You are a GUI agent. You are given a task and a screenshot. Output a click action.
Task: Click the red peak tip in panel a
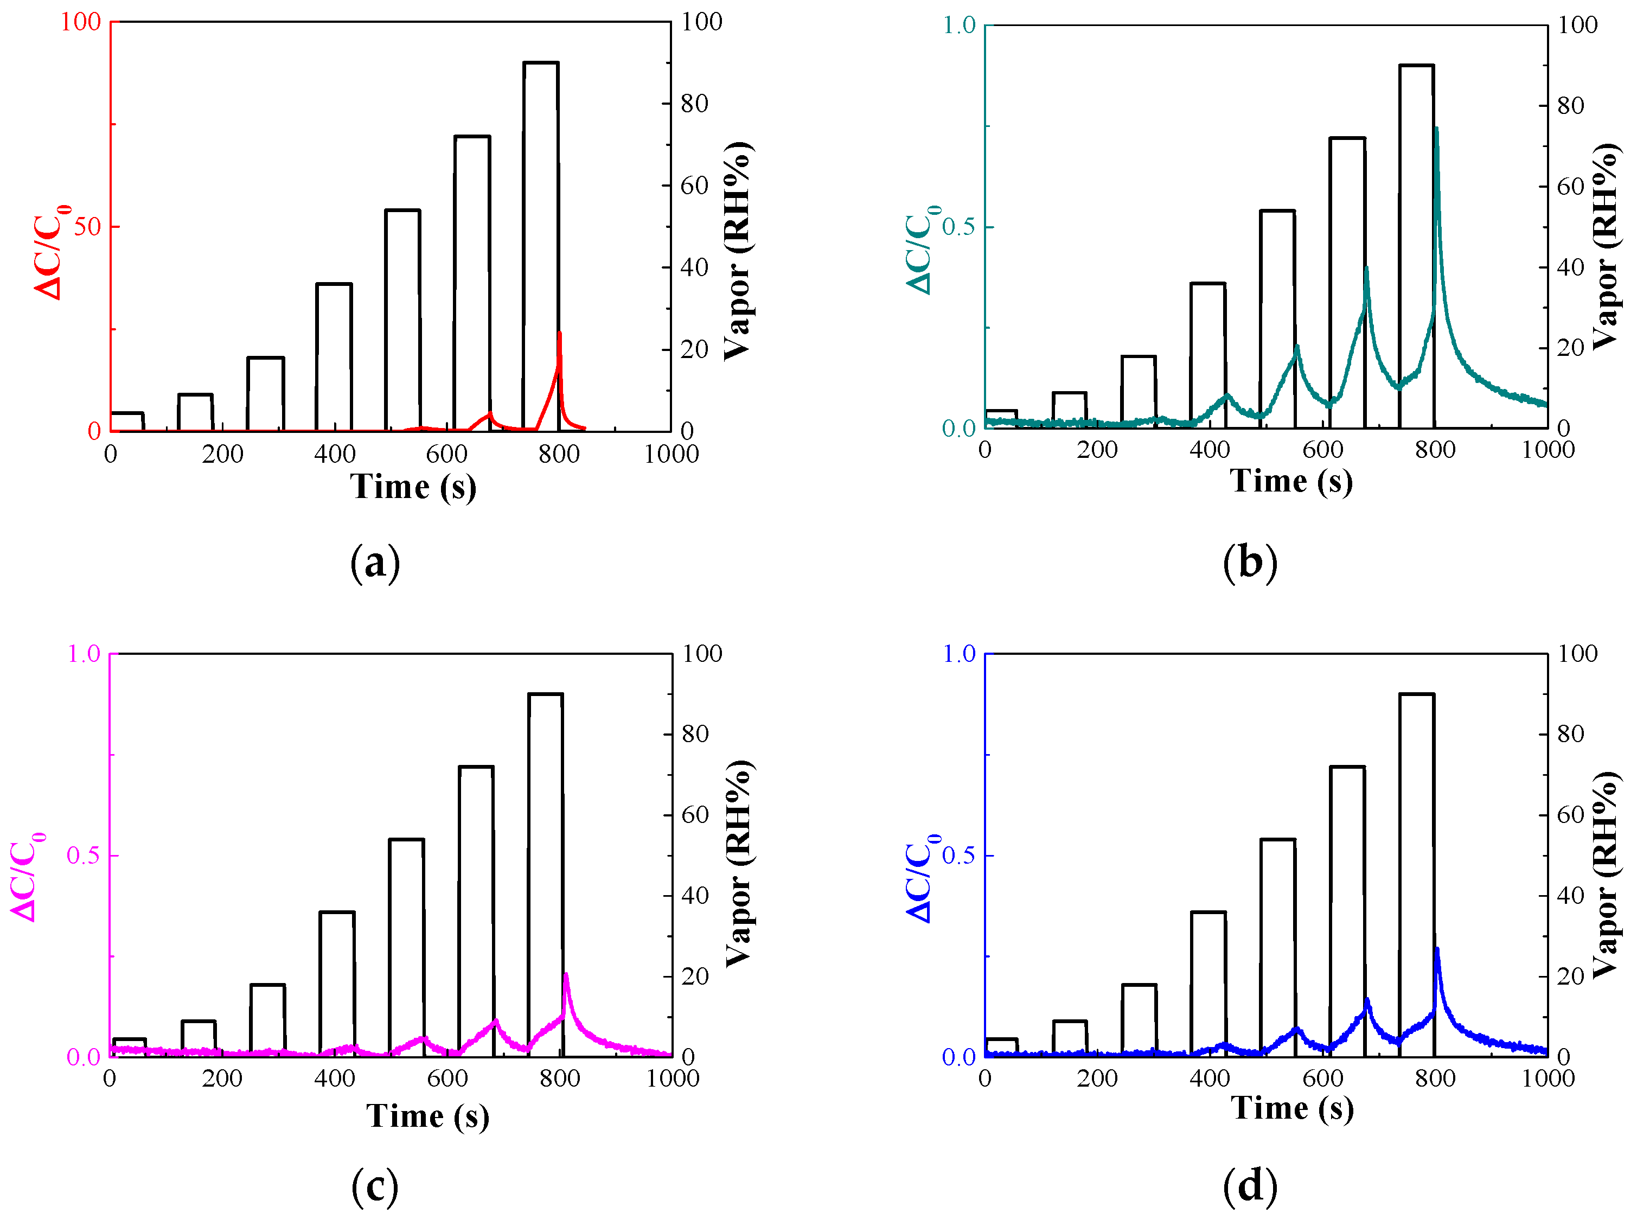559,334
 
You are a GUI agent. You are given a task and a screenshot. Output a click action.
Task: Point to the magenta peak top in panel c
565,975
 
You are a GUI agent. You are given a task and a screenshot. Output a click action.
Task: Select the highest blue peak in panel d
1436,950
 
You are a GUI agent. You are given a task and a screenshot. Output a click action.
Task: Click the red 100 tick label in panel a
80,22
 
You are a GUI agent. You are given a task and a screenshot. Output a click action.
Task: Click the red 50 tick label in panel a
87,227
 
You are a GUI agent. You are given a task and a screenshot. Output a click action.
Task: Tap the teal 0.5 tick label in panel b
958,227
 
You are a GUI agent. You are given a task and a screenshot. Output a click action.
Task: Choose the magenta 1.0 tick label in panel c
84,654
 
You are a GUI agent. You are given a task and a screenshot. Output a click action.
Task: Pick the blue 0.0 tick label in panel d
958,1057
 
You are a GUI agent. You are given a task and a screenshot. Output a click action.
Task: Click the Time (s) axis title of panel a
413,487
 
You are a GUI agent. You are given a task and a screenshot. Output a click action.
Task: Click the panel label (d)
1250,1186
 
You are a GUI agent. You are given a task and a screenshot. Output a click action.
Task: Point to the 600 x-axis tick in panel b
1323,449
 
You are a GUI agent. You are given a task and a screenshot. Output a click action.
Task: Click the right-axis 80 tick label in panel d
1571,734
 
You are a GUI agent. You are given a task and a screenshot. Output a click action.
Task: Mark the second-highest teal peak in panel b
1366,269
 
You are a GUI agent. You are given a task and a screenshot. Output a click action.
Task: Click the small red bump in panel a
489,414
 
